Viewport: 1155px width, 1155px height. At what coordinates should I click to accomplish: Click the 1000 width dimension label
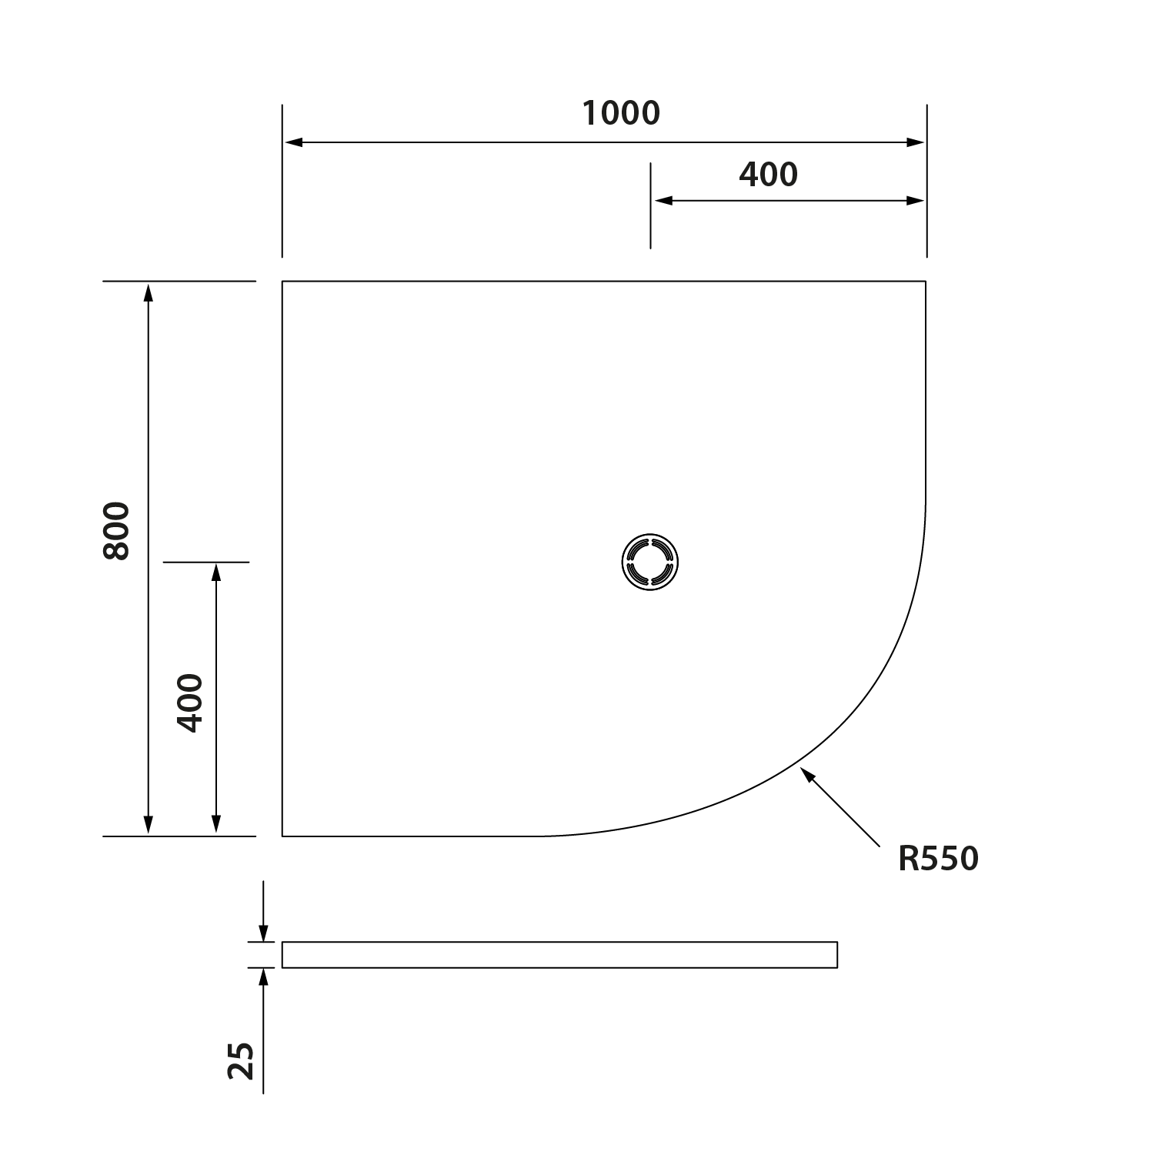[x=620, y=114]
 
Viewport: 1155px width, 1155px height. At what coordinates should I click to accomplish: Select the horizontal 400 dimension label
[x=768, y=175]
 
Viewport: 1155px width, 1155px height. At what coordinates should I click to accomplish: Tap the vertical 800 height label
[x=117, y=530]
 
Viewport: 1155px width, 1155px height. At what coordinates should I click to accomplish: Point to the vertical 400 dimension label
[x=189, y=703]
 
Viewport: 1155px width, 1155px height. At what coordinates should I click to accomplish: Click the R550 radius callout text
[x=937, y=860]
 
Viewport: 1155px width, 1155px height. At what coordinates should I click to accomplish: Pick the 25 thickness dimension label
[x=242, y=1061]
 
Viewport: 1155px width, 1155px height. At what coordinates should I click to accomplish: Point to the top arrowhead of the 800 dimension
[x=149, y=292]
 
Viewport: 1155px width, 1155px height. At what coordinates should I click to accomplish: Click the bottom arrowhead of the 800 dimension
[x=149, y=826]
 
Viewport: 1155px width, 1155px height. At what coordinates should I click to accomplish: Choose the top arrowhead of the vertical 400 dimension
[x=216, y=572]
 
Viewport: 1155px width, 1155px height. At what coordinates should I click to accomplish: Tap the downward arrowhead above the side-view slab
[x=264, y=933]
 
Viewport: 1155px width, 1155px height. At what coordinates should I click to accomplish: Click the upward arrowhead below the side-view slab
[x=264, y=976]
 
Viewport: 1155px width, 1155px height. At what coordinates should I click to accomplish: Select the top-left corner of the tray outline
[x=282, y=282]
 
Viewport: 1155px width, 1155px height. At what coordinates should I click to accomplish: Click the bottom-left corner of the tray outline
[x=282, y=836]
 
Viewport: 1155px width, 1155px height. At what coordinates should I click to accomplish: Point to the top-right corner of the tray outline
[x=926, y=282]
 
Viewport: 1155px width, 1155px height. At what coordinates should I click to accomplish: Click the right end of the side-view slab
[x=836, y=954]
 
